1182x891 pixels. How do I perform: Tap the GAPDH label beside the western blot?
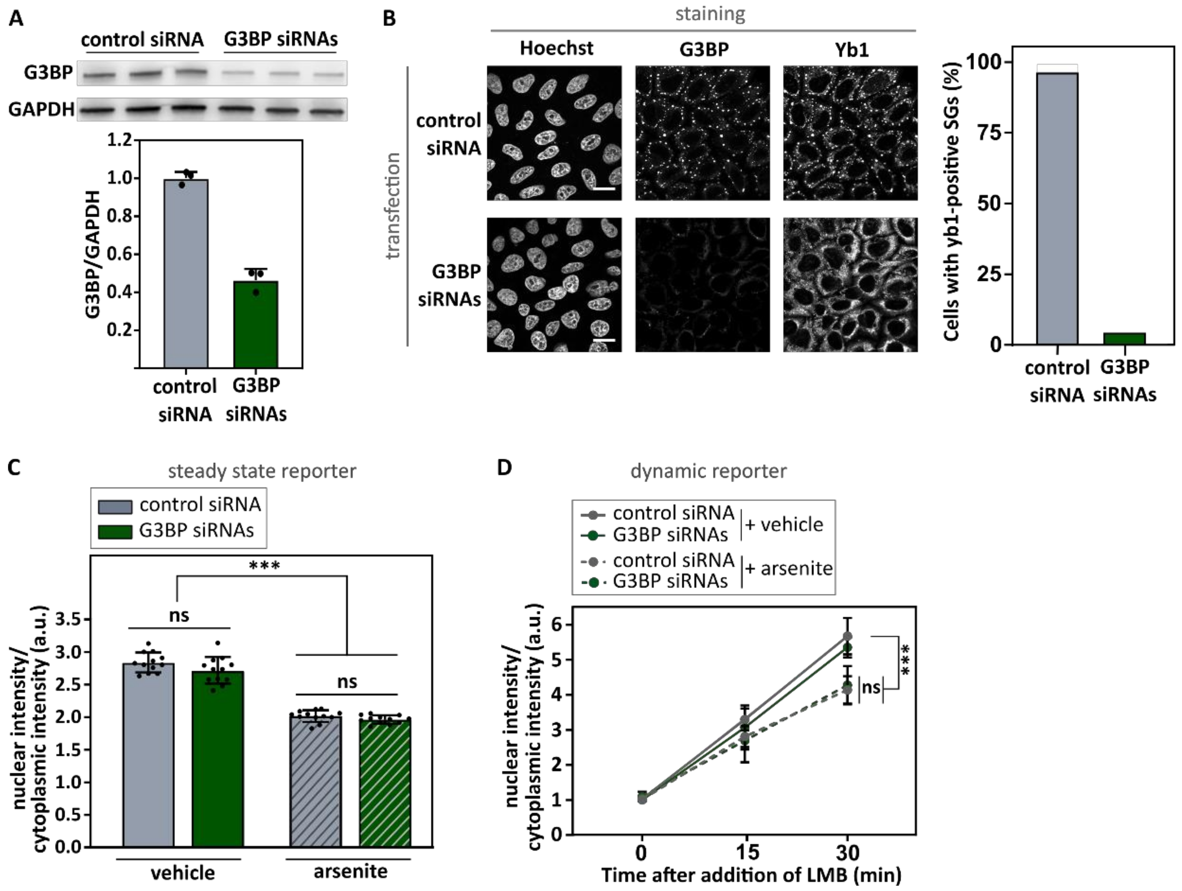pyautogui.click(x=41, y=110)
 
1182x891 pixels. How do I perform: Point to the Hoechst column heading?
pyautogui.click(x=556, y=49)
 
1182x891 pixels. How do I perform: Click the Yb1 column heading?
pyautogui.click(x=851, y=49)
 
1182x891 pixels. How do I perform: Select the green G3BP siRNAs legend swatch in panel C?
pyautogui.click(x=115, y=532)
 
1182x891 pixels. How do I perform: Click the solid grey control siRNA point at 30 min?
pyautogui.click(x=847, y=636)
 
